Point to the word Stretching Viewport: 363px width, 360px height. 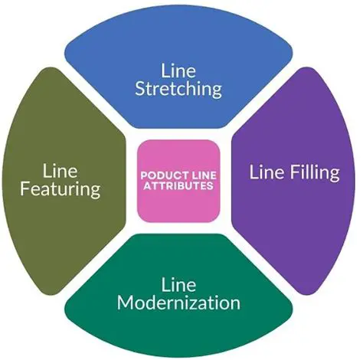point(178,89)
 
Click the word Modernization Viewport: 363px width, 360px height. point(178,302)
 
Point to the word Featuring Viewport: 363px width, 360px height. point(61,187)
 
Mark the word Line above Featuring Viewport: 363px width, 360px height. point(61,168)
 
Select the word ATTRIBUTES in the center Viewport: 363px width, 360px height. point(178,185)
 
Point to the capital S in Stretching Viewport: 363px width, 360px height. point(140,89)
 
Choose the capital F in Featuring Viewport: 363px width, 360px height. point(27,187)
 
